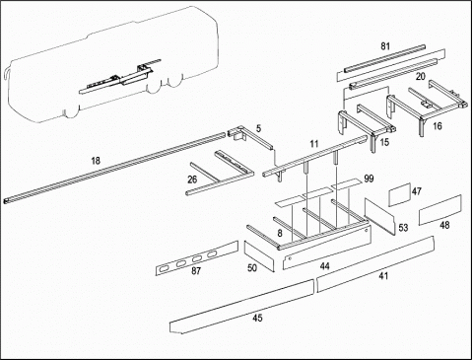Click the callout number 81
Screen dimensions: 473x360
385,46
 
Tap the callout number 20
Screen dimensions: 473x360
421,77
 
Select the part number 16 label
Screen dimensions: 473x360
438,126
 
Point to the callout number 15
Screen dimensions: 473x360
384,142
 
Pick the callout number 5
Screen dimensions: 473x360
259,128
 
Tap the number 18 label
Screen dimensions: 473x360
96,161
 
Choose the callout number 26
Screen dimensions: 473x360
192,180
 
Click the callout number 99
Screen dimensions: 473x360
369,179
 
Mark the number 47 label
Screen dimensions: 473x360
417,191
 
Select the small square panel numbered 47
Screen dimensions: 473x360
400,195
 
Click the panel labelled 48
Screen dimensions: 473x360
440,210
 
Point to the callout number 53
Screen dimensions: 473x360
403,228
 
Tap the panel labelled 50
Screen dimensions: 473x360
259,256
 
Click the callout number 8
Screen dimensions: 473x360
280,234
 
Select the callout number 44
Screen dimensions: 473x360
324,266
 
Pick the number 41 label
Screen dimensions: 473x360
383,276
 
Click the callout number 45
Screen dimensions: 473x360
257,318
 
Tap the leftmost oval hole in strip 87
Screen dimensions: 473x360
164,269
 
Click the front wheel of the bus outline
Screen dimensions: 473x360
72,111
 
